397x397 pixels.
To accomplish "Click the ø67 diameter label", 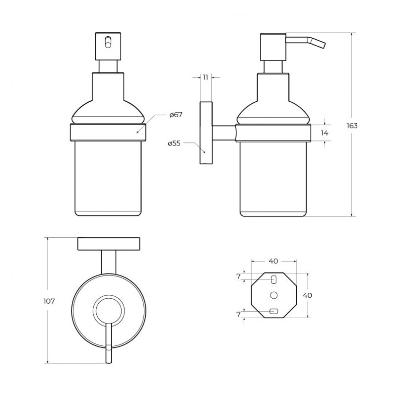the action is tap(176, 115).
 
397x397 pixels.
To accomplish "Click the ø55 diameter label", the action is tap(174, 143).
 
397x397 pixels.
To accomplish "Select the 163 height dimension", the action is tap(352, 126).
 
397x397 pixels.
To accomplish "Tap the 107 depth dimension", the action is tap(49, 301).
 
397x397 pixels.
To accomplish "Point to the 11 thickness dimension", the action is tap(205, 77).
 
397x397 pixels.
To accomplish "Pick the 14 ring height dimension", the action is tap(325, 132).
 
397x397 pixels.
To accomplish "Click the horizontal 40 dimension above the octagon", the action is tap(273, 261).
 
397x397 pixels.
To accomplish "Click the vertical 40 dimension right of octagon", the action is tap(307, 295).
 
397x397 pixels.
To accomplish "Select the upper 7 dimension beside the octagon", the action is tap(238, 277).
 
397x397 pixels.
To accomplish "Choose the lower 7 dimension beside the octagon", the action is tap(238, 315).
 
